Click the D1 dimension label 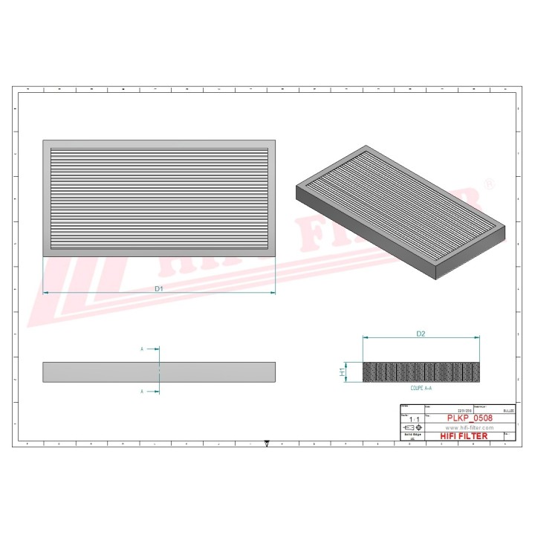[158, 288]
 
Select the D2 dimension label [420, 334]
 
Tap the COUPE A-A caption [421, 388]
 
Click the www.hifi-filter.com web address [470, 428]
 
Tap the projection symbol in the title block [412, 429]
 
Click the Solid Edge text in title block [411, 435]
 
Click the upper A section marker [141, 348]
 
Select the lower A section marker [141, 390]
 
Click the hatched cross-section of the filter [421, 372]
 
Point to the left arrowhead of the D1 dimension [45, 293]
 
